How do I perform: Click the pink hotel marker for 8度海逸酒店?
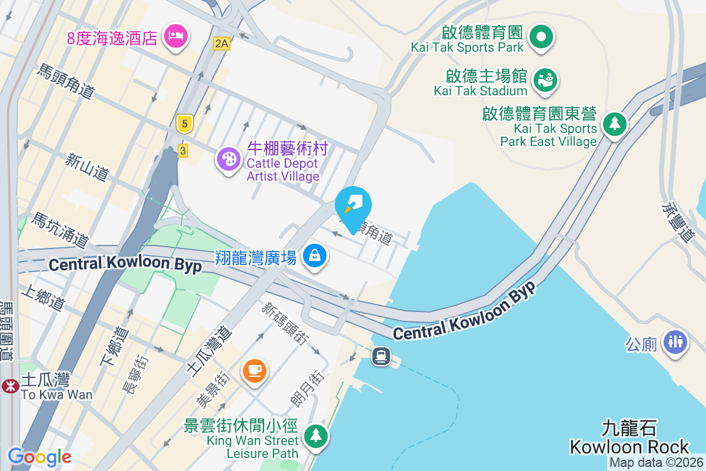(x=176, y=37)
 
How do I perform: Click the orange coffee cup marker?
(x=255, y=371)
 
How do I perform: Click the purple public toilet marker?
(x=675, y=342)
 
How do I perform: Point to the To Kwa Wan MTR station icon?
(x=9, y=386)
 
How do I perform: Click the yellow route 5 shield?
(x=185, y=124)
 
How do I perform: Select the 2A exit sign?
(x=221, y=43)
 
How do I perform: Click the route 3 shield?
(x=183, y=151)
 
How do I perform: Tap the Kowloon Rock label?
(x=629, y=437)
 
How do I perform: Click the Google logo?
(x=39, y=456)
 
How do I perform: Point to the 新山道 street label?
(x=87, y=167)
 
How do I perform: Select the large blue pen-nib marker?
(x=353, y=207)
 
